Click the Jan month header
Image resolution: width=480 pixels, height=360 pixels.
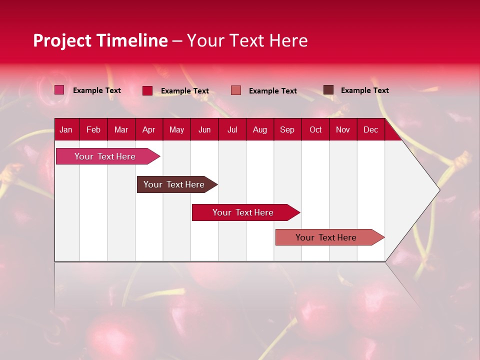tap(66, 130)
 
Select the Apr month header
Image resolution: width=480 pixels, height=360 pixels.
tap(148, 130)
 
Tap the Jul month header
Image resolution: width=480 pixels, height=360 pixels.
tap(232, 130)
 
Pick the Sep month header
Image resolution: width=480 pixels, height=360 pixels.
tap(287, 130)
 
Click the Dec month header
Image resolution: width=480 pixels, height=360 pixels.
tap(370, 130)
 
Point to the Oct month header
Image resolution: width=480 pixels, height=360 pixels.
tap(315, 130)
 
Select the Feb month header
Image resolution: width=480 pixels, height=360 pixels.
tap(93, 130)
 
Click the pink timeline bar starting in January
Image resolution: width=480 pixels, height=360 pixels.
tap(105, 156)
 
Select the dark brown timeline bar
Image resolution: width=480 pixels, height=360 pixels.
tap(174, 184)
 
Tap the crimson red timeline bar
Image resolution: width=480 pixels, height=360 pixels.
tap(243, 212)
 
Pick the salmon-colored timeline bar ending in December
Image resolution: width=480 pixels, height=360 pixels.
tap(326, 237)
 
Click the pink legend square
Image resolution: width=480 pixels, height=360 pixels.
tap(59, 90)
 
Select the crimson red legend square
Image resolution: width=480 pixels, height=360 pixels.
tap(147, 90)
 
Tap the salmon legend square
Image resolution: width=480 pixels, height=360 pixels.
tap(236, 90)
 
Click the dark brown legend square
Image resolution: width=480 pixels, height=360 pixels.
tap(328, 90)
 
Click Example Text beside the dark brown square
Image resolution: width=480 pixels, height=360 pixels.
tap(364, 90)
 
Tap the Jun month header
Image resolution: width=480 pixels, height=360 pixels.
tap(204, 130)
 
